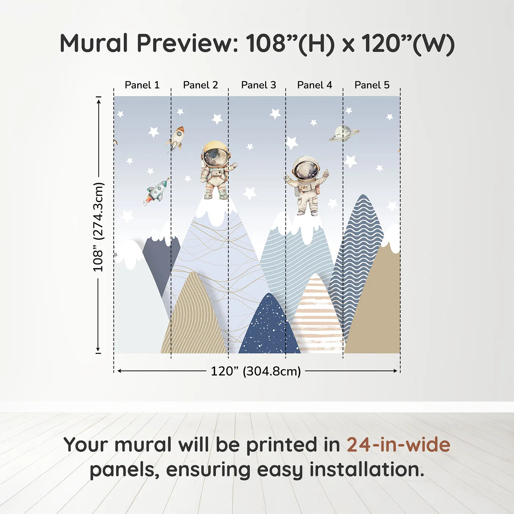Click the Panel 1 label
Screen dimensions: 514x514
pyautogui.click(x=142, y=85)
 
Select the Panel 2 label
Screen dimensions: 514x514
pyautogui.click(x=200, y=85)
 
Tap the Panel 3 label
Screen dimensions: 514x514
pyautogui.click(x=258, y=85)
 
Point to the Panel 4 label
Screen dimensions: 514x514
pyautogui.click(x=315, y=85)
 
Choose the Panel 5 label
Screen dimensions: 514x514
pyautogui.click(x=372, y=85)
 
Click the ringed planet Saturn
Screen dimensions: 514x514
pyautogui.click(x=344, y=133)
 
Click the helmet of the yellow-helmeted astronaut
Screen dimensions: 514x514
pyautogui.click(x=216, y=153)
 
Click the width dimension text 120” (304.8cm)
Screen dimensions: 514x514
pyautogui.click(x=256, y=371)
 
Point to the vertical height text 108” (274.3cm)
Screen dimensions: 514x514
pyautogui.click(x=98, y=227)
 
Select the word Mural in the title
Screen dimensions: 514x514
pyautogui.click(x=94, y=43)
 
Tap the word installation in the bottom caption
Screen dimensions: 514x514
pyautogui.click(x=367, y=470)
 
